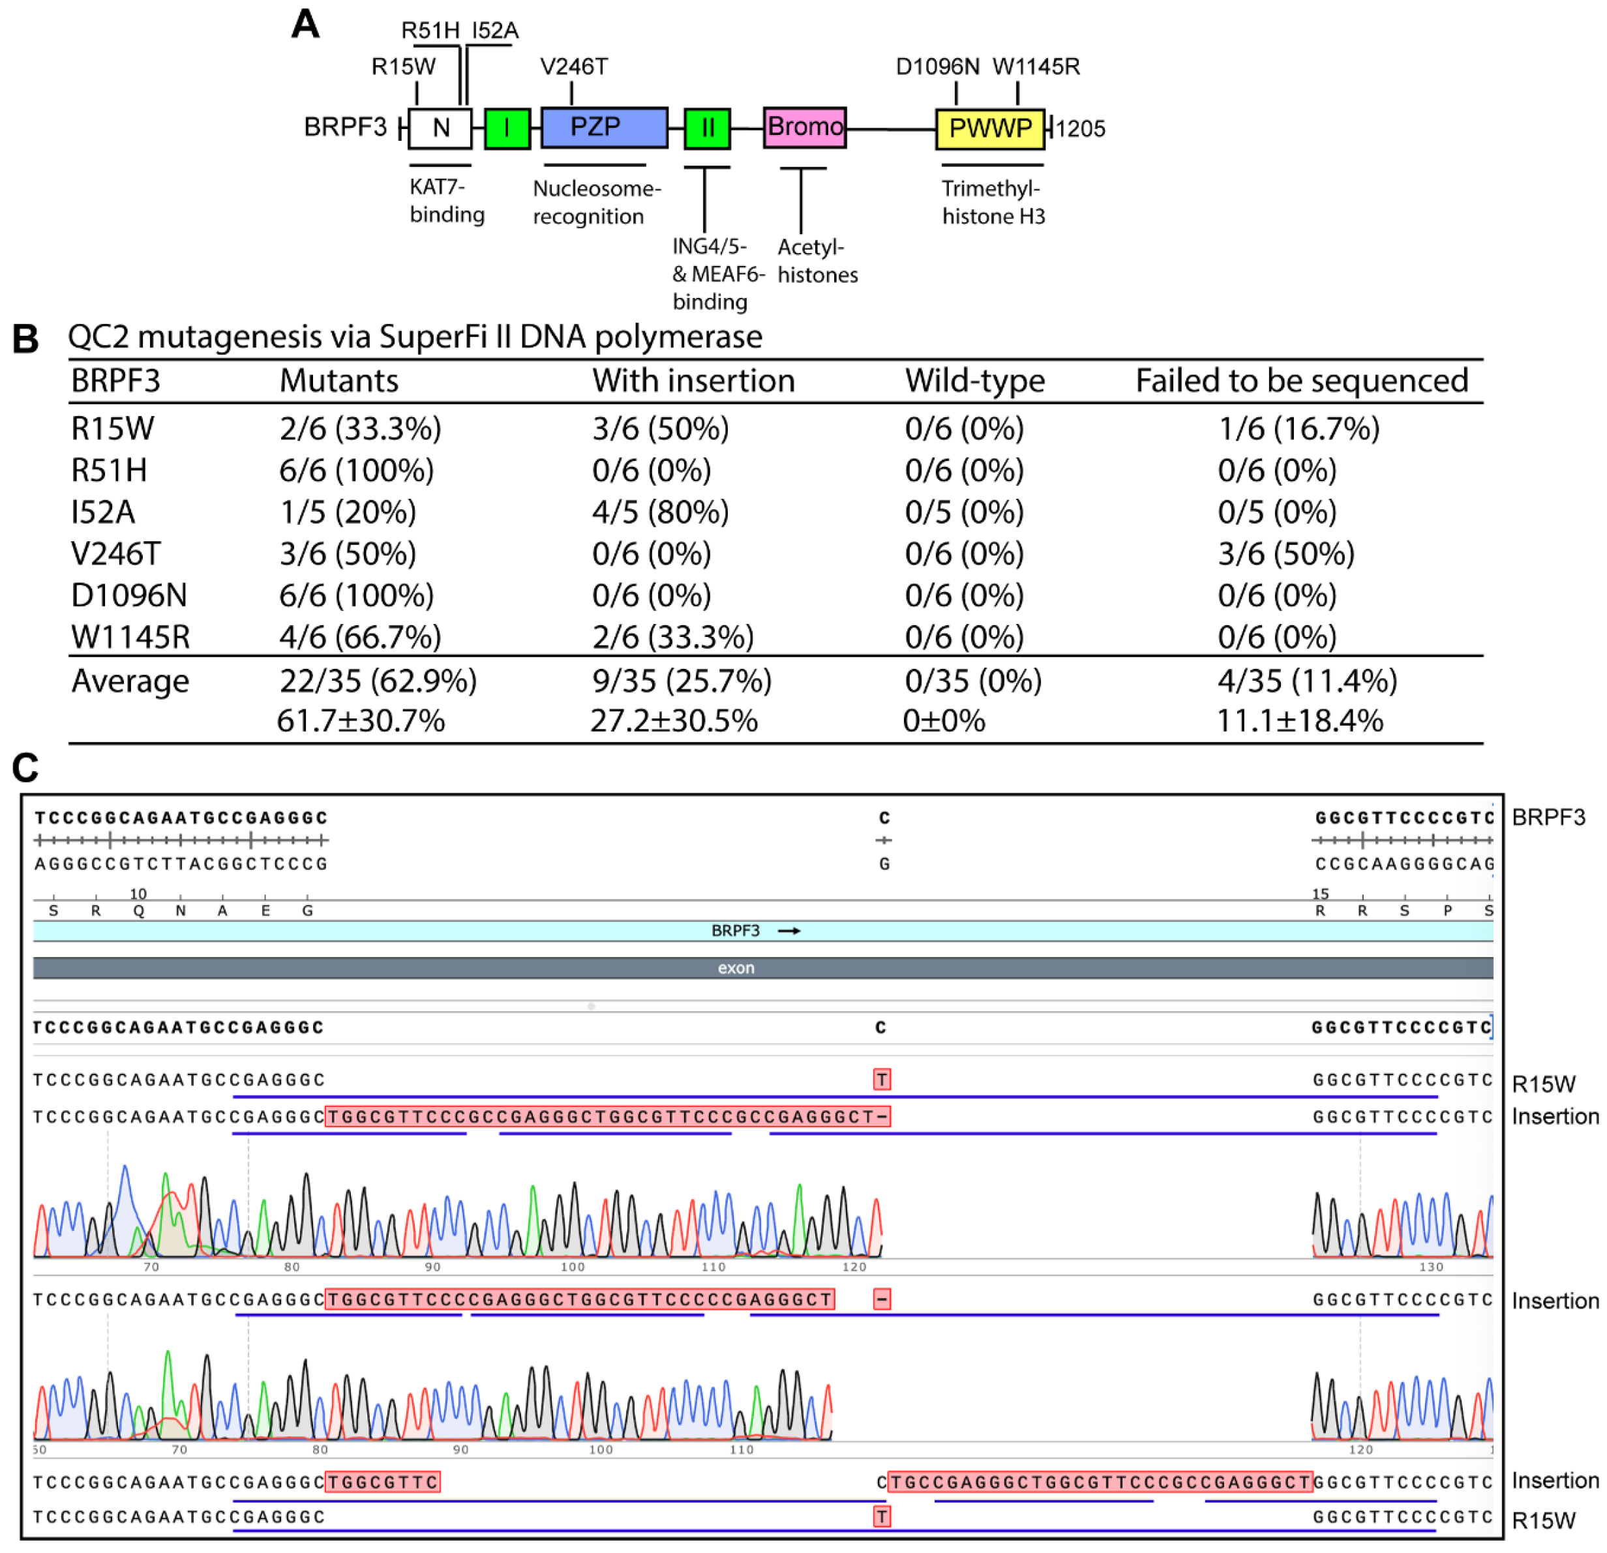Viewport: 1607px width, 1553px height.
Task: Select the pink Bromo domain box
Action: [804, 128]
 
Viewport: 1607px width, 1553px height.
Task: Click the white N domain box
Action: [440, 128]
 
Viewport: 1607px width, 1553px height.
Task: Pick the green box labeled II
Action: [707, 128]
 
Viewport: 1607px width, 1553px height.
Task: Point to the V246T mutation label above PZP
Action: [574, 67]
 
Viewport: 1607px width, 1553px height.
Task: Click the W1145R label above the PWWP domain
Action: [1036, 67]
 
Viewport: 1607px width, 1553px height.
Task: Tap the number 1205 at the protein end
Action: [1080, 128]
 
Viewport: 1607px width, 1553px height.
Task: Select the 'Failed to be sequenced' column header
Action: [1301, 381]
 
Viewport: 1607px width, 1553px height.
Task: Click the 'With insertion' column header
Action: [694, 381]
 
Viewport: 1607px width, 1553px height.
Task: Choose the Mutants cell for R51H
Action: [357, 471]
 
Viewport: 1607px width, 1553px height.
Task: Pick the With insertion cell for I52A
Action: [661, 512]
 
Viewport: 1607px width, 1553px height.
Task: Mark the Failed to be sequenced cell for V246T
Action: [1285, 554]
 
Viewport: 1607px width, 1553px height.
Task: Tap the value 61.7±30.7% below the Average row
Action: [361, 721]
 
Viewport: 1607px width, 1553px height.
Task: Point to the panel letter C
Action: [25, 768]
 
